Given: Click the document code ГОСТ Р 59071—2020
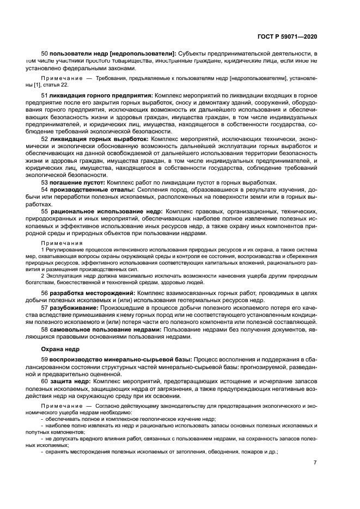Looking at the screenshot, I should point(288,36).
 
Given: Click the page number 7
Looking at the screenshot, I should point(315,463).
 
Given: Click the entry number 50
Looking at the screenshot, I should point(45,54).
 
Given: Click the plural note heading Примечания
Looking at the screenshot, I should point(62,243).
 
